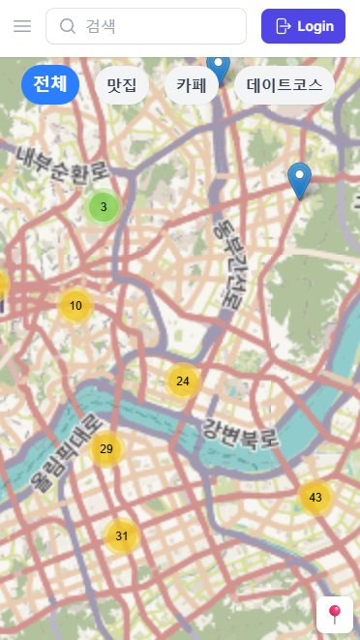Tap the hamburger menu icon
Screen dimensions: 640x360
(22, 26)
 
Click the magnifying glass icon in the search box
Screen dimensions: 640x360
(68, 26)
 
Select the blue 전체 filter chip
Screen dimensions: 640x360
(49, 84)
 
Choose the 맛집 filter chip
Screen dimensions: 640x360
(121, 85)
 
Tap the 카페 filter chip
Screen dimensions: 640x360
(192, 85)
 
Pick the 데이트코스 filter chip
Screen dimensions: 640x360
(284, 85)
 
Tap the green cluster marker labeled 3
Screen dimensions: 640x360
(104, 206)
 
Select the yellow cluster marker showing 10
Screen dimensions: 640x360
(75, 305)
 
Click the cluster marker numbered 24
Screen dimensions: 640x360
(183, 381)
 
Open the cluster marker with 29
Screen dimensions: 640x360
(106, 448)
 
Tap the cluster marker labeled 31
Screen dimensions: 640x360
(122, 535)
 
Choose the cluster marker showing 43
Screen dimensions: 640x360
(315, 497)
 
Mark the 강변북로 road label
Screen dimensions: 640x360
(240, 433)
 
